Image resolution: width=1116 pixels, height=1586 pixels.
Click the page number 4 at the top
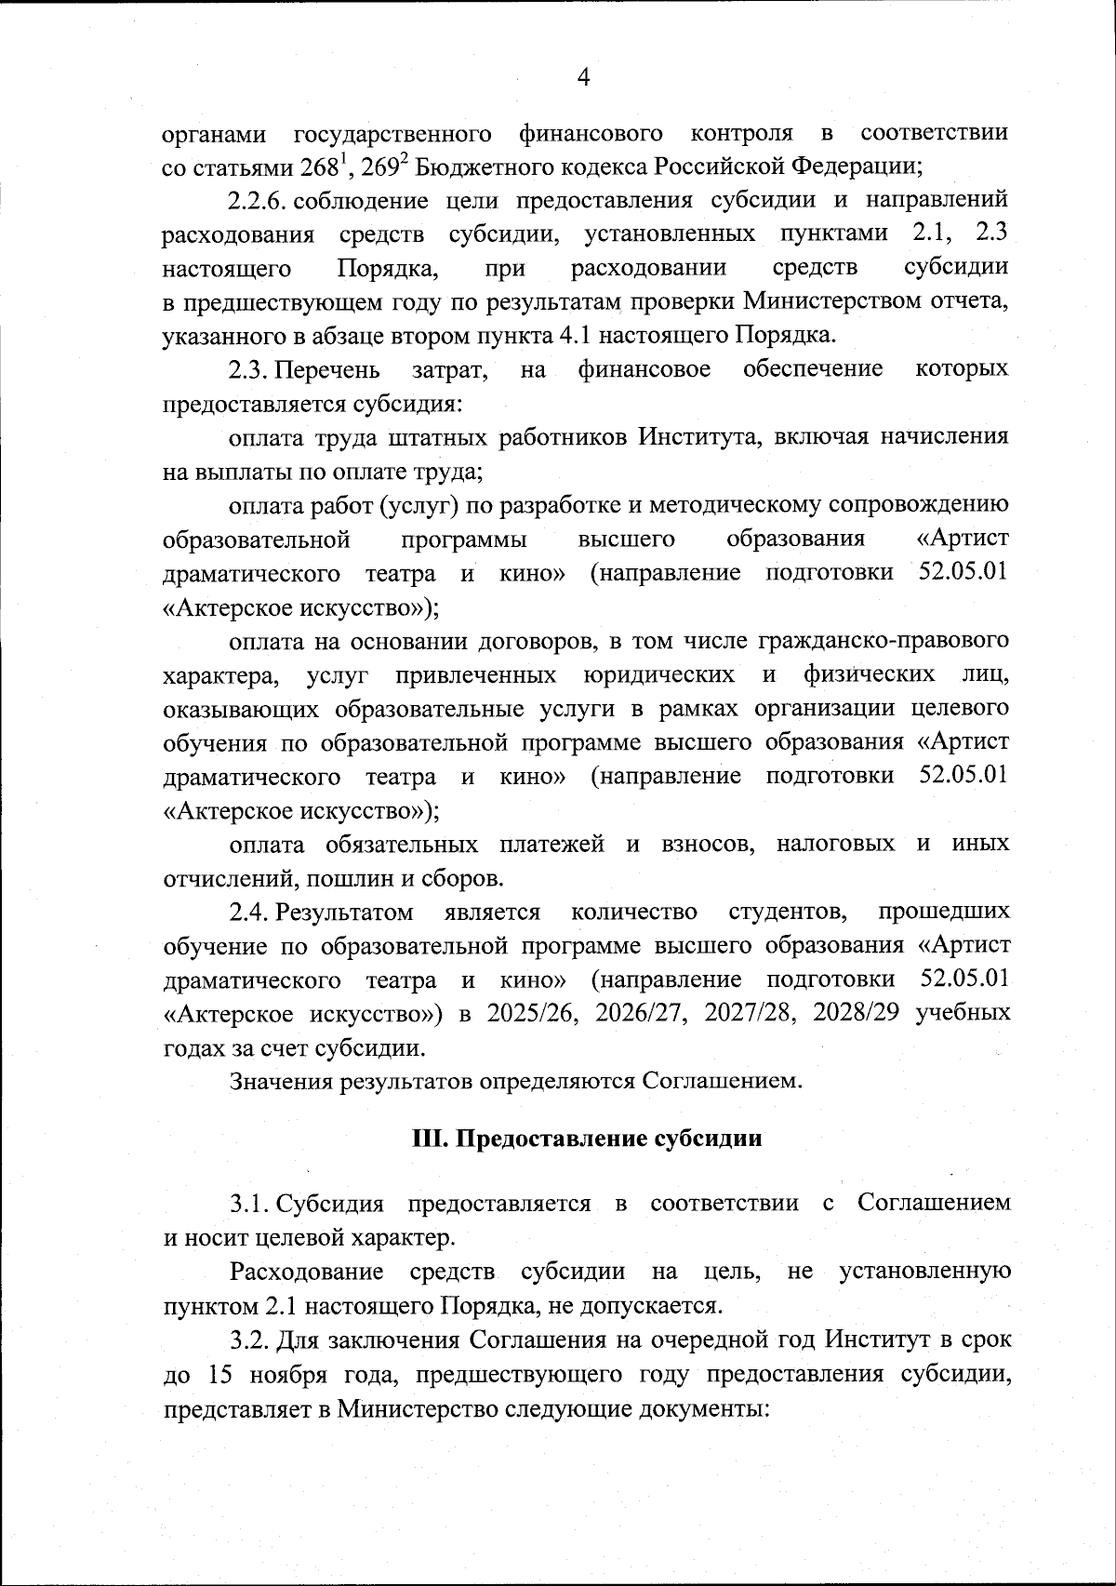[583, 78]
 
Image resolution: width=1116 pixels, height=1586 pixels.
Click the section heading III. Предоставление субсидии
[587, 1139]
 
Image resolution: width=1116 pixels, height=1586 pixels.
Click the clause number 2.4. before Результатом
[249, 913]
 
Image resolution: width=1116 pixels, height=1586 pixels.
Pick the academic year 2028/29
[856, 1014]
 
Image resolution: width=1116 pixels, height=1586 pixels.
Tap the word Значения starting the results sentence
[283, 1082]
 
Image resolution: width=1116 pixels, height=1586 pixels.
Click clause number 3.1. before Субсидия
[249, 1204]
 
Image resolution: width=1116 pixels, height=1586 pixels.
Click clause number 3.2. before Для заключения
[249, 1340]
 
